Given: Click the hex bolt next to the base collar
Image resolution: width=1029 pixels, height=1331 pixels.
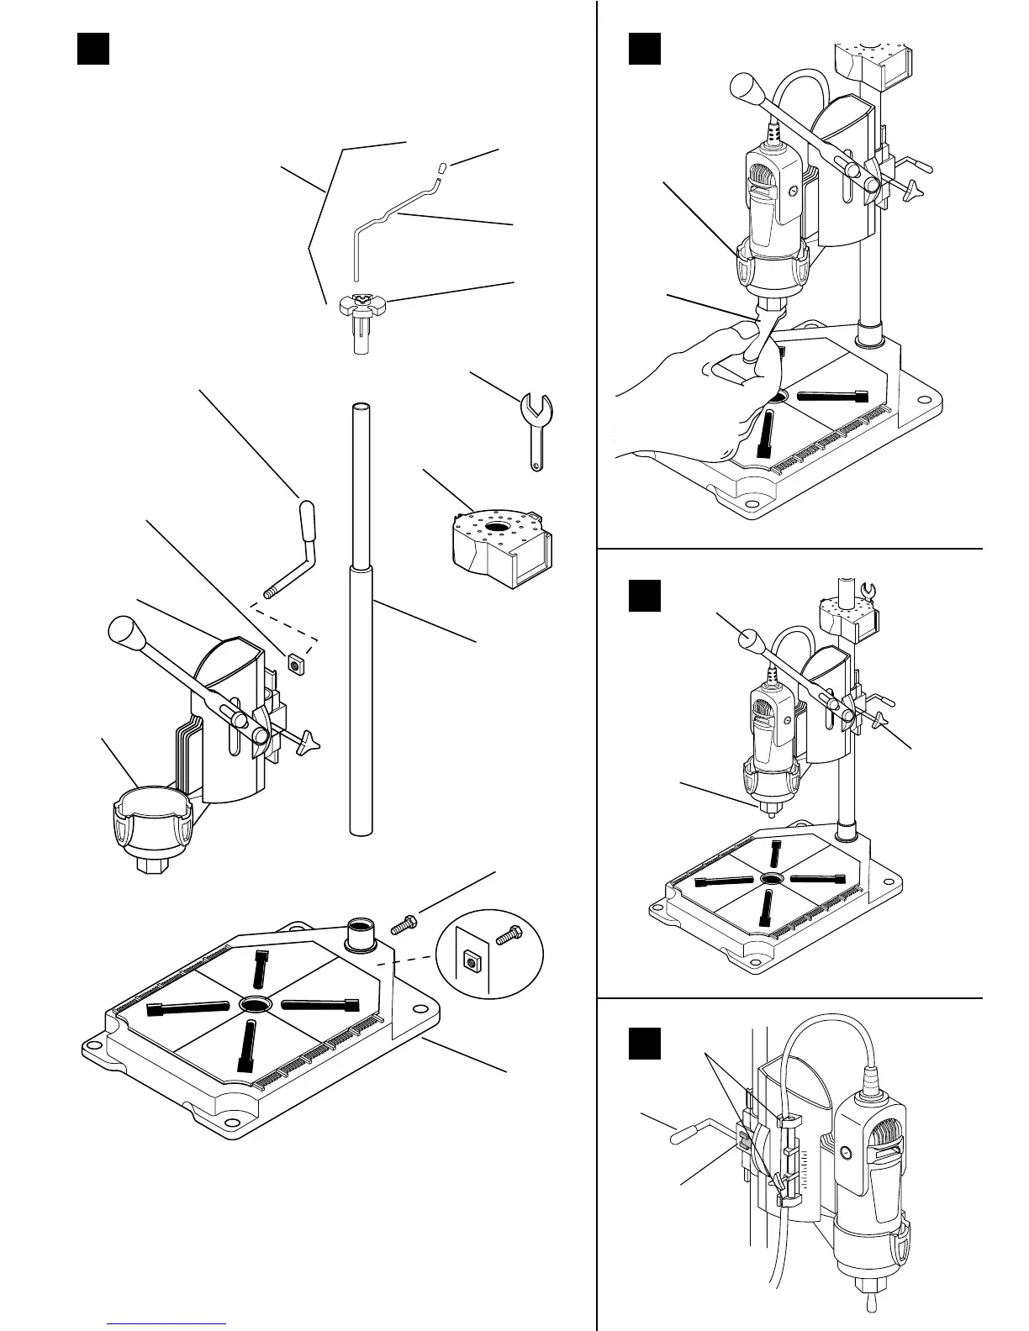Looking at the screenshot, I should click(x=403, y=925).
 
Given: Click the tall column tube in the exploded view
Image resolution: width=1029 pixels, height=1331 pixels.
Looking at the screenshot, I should click(x=360, y=622).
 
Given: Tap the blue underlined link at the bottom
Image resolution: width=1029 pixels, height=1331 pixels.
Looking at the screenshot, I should click(x=168, y=1323).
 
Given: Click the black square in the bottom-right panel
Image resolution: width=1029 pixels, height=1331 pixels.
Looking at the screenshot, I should click(x=645, y=1043).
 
